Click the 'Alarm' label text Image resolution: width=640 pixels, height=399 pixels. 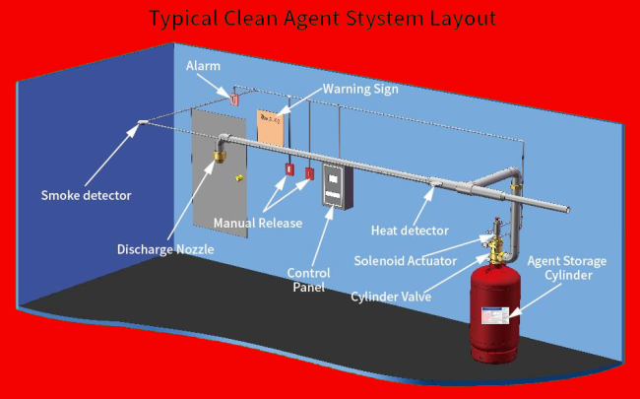pyautogui.click(x=203, y=66)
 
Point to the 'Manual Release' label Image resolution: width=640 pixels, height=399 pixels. pyautogui.click(x=258, y=224)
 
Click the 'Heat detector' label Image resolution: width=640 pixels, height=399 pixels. pyautogui.click(x=410, y=231)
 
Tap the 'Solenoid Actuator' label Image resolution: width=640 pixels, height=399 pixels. pyautogui.click(x=405, y=260)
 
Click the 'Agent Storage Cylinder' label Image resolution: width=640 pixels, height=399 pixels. pyautogui.click(x=567, y=268)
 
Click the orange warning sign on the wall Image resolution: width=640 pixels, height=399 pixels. pyautogui.click(x=271, y=126)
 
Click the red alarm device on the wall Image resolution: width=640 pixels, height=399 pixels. pyautogui.click(x=234, y=100)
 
